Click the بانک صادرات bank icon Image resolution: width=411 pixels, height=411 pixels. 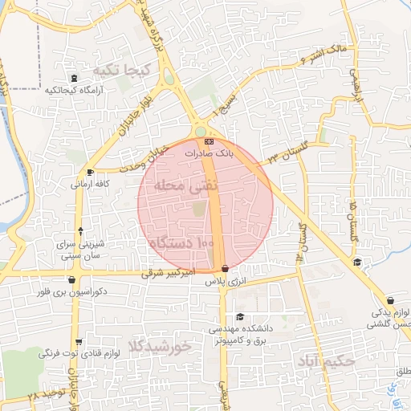coord(210,141)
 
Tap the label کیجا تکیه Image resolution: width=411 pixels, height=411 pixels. coord(121,70)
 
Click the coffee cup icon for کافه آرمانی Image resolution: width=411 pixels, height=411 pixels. coord(90,172)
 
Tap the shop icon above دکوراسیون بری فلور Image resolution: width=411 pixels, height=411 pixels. coord(73,280)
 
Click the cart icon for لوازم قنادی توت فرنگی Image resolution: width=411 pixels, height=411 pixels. coord(75,340)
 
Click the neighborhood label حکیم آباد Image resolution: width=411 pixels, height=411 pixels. coord(324,360)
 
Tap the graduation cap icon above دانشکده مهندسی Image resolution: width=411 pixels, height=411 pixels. coord(239,317)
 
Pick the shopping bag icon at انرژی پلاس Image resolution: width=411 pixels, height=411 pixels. coord(225,269)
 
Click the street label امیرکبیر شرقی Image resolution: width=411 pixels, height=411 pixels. coord(169,274)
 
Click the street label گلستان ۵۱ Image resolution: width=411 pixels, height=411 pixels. coord(352,223)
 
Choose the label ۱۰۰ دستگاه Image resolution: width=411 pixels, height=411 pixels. coord(181,242)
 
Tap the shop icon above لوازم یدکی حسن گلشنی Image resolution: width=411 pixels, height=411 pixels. coord(391,299)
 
